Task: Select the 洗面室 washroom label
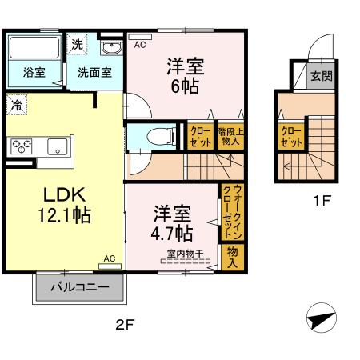point(100,72)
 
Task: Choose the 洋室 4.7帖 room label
point(172,224)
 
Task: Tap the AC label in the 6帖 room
point(140,46)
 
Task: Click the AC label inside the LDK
point(109,258)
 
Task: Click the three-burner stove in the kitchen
point(21,146)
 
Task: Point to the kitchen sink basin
point(57,146)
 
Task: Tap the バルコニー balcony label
point(79,286)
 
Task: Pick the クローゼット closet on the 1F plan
point(290,137)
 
